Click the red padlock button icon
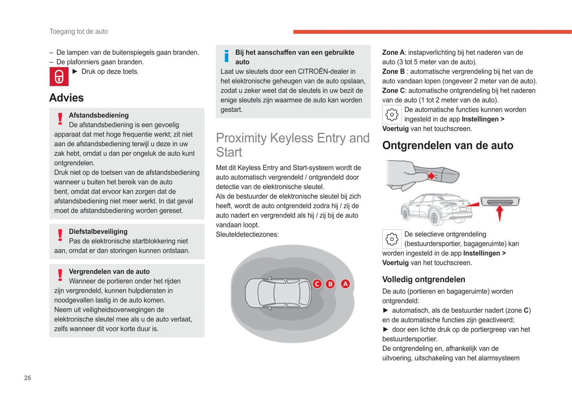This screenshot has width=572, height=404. click(x=59, y=77)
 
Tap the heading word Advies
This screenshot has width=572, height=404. click(x=67, y=98)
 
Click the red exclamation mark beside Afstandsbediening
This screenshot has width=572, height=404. click(x=60, y=119)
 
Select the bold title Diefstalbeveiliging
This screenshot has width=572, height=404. click(x=98, y=232)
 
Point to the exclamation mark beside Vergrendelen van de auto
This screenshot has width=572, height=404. click(x=60, y=275)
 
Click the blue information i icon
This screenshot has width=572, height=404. click(x=226, y=56)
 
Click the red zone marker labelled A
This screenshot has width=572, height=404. click(x=346, y=284)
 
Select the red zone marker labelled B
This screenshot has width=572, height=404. click(x=330, y=284)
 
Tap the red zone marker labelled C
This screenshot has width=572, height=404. click(x=317, y=284)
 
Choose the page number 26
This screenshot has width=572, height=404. click(x=28, y=378)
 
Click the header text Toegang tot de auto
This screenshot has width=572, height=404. click(x=79, y=32)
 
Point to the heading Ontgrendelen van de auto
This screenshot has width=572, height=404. click(x=448, y=146)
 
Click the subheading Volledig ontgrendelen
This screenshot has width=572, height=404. click(x=424, y=280)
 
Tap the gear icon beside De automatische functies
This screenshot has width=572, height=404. click(x=392, y=115)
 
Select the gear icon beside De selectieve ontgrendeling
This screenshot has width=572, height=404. click(x=392, y=239)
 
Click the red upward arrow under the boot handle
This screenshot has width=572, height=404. click(x=500, y=212)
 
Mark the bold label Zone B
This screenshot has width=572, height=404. click(x=393, y=72)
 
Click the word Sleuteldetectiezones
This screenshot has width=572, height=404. click(x=247, y=235)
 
